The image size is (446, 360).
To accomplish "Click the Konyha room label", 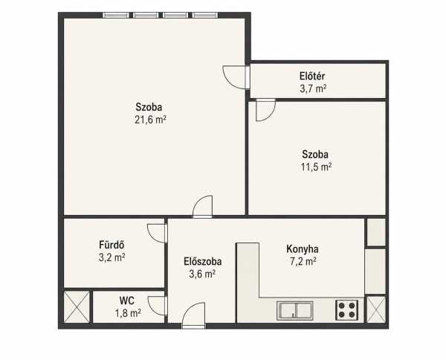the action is (x=302, y=249).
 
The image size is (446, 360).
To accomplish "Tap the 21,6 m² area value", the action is (x=150, y=120).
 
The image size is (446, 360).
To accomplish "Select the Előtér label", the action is (x=312, y=77).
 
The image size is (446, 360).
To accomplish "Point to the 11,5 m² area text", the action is (x=316, y=167).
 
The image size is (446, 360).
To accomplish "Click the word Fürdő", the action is (x=111, y=245).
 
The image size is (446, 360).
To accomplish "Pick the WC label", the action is (x=127, y=300).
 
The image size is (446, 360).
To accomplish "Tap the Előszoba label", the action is (x=202, y=261).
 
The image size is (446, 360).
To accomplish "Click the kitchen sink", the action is (x=295, y=310).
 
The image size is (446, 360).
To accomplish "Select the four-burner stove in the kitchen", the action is (x=346, y=310).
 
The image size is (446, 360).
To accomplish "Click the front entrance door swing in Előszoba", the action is (x=194, y=315).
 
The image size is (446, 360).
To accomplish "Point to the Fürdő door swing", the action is (x=157, y=234).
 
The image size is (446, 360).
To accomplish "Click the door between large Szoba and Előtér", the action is (x=236, y=77).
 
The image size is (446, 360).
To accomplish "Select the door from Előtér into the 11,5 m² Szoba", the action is (x=265, y=110).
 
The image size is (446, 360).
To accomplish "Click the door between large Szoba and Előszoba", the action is (x=202, y=207).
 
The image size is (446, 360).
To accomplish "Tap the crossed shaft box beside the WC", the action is (x=77, y=306).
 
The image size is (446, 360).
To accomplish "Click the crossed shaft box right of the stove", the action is (x=376, y=309).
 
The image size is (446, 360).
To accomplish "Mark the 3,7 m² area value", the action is (x=313, y=89).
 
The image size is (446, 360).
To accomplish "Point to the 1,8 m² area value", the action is (x=128, y=313).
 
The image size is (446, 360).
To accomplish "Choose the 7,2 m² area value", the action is (x=303, y=261).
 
